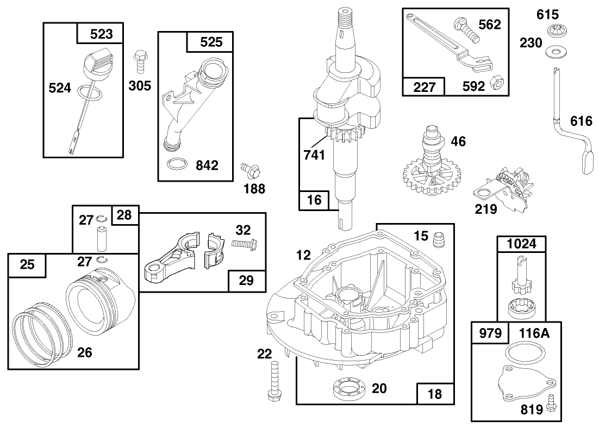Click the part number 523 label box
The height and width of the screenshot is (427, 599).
point(101,34)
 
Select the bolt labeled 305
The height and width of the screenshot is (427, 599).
point(139,61)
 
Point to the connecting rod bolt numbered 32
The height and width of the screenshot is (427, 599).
point(245,245)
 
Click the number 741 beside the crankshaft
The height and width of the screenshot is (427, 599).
point(314,154)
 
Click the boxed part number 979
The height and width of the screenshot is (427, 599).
point(489,333)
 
